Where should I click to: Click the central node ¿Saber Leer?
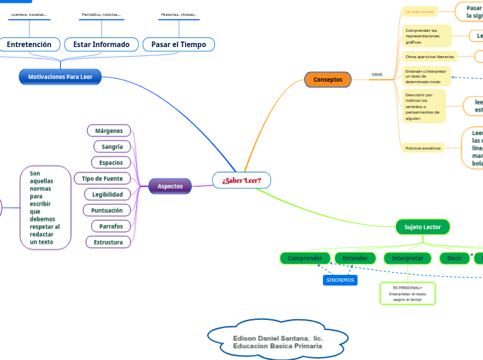(x=241, y=181)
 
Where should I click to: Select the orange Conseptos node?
(x=328, y=80)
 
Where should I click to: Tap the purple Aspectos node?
(x=170, y=186)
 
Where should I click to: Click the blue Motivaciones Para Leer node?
(x=60, y=77)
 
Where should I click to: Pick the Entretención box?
(x=29, y=44)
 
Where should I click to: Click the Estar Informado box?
(x=101, y=44)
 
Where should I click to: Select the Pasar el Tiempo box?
(x=178, y=44)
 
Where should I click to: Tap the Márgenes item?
(x=109, y=130)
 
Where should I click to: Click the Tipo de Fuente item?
(x=102, y=179)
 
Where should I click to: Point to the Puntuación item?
(x=107, y=210)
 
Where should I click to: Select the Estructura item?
(x=108, y=242)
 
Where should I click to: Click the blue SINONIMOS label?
(x=340, y=280)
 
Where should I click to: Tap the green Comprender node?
(x=305, y=258)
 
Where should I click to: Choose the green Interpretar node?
(x=407, y=258)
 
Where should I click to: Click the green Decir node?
(x=455, y=258)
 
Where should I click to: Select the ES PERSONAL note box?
(x=407, y=294)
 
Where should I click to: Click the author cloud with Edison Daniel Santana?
(x=278, y=336)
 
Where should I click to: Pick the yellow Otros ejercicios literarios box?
(x=430, y=56)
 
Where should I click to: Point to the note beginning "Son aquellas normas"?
(x=45, y=208)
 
